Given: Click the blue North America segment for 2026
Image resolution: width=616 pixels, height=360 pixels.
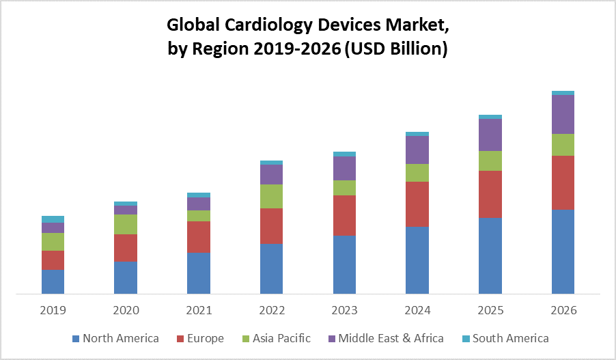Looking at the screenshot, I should (563, 252).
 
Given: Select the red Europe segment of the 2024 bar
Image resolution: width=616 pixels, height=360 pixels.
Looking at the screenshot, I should (417, 204).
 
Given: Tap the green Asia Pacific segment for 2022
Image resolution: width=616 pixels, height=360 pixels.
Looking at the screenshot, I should (271, 196).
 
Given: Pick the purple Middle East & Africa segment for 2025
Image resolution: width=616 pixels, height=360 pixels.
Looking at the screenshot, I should (490, 135).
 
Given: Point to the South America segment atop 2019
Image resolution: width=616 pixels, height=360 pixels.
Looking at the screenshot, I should (53, 219).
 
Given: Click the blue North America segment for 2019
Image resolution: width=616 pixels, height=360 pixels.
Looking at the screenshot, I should (53, 282).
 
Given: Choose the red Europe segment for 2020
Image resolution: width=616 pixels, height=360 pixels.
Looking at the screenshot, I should (126, 248).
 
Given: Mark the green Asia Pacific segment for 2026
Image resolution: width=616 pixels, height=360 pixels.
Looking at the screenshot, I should (563, 144).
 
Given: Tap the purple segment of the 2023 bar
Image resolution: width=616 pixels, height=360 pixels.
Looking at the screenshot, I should (344, 168).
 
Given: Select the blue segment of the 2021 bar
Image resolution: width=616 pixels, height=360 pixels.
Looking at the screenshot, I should (199, 273).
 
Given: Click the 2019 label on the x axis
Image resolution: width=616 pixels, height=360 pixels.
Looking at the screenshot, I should (53, 310).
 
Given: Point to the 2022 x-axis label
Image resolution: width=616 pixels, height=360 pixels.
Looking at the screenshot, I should (271, 310).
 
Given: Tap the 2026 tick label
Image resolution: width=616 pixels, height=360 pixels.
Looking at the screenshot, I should (563, 310).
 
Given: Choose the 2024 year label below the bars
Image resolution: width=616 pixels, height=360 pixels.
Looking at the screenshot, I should (417, 310).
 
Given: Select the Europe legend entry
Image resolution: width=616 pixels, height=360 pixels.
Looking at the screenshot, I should (203, 338).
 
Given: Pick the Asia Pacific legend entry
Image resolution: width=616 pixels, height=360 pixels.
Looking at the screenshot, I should (281, 338).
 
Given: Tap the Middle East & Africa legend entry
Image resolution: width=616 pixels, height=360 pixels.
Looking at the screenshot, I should (390, 338).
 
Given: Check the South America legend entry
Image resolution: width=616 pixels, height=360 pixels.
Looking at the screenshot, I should (509, 338).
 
